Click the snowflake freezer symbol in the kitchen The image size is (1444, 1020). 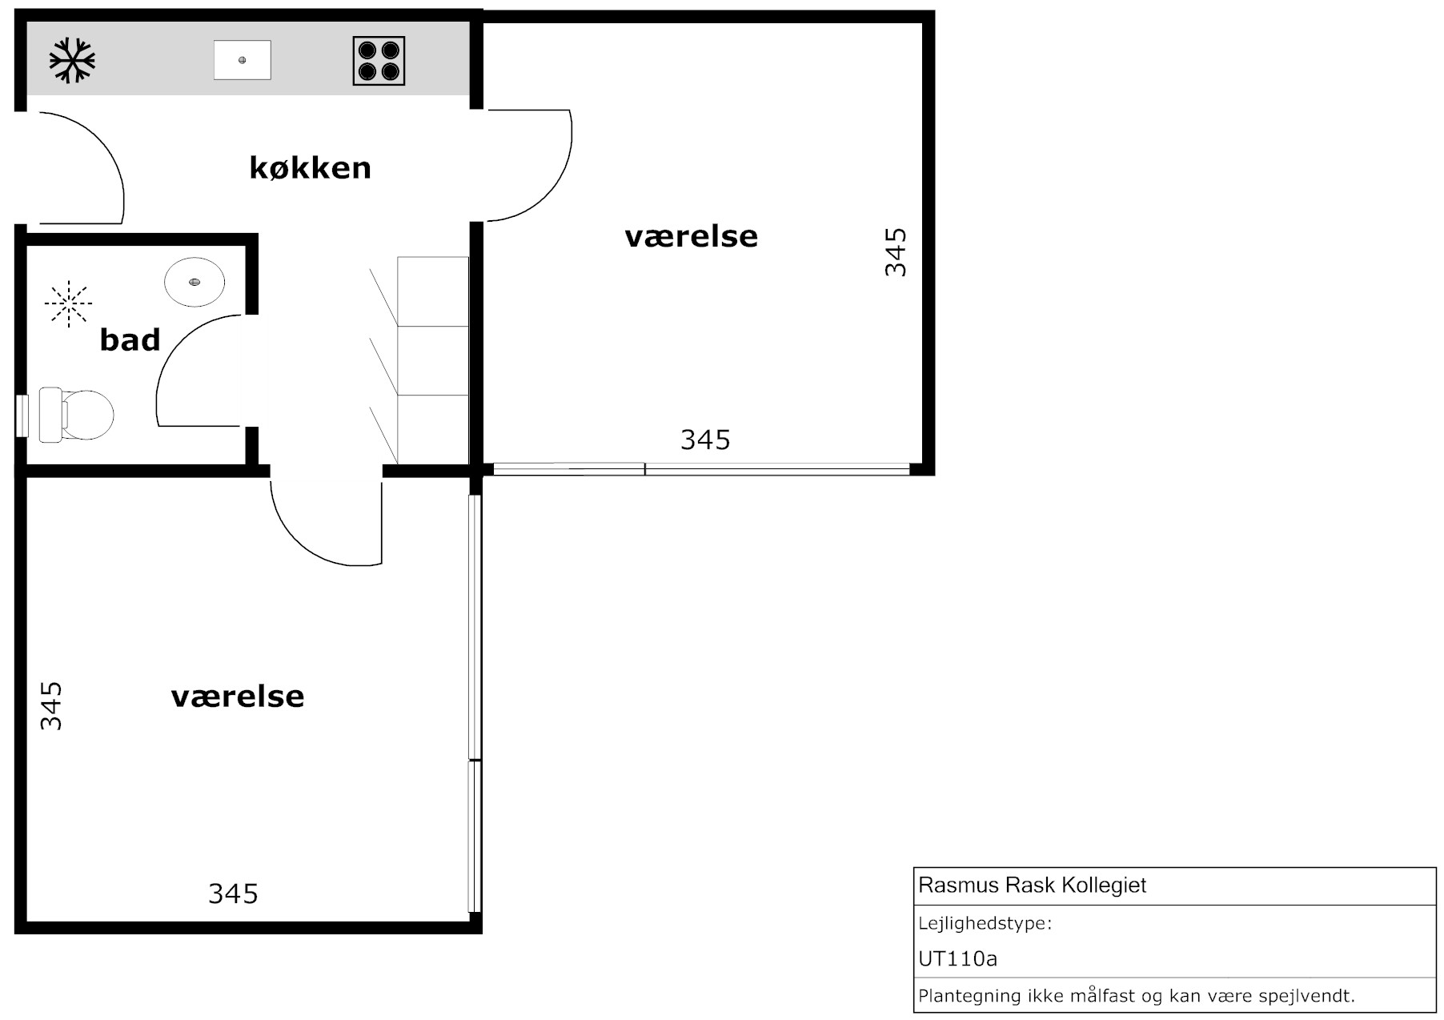72,60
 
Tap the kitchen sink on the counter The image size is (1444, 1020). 243,60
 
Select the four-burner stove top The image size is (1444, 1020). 379,61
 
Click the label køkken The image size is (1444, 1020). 311,168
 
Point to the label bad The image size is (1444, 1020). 130,339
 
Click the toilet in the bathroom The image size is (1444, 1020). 77,415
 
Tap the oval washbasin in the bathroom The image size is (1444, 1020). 195,282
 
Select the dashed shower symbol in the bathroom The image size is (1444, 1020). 69,303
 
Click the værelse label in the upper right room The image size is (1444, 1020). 691,236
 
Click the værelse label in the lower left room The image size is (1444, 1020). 238,697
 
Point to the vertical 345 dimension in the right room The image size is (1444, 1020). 896,252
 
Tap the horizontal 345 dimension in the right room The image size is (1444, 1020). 705,440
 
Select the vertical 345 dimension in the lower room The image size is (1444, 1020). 50,705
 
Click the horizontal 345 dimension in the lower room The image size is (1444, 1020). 233,894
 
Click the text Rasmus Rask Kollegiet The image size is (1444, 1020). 1033,885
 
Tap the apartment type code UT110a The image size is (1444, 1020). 958,958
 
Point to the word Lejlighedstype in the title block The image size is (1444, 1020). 985,924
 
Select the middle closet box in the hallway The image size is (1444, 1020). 433,360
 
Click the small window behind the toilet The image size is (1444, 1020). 22,416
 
